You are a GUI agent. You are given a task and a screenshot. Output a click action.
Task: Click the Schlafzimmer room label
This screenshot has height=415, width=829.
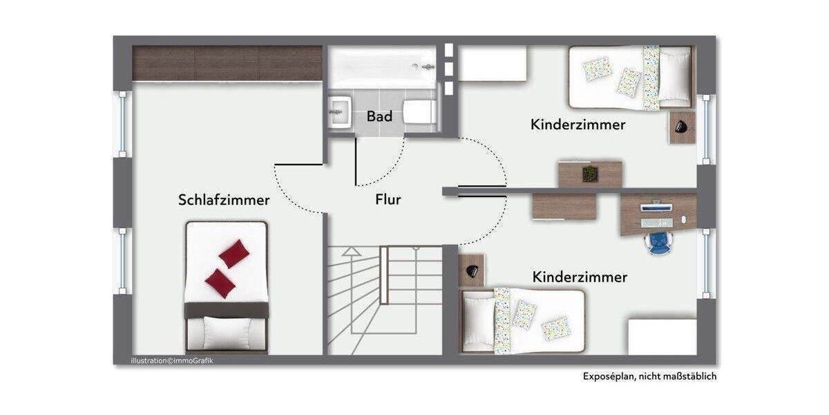point(224,200)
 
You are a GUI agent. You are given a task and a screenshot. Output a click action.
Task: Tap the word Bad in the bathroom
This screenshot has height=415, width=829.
point(379,116)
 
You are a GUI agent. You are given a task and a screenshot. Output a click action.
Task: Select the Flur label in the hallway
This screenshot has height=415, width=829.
point(388,200)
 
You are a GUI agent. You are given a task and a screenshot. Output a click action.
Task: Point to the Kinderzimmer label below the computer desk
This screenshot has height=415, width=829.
point(580,277)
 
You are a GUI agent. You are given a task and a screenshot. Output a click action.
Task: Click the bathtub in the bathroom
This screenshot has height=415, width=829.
point(382,67)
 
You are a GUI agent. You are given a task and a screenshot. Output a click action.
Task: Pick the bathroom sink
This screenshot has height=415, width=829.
point(339,111)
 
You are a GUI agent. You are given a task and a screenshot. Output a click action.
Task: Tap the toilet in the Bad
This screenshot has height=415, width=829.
point(419,111)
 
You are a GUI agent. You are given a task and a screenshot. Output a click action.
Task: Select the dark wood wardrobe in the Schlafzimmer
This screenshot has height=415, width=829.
point(227,64)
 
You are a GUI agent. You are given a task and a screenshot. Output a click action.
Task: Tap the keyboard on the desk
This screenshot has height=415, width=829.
point(656,222)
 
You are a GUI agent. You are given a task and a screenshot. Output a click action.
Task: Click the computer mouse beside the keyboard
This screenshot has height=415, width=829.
point(683,220)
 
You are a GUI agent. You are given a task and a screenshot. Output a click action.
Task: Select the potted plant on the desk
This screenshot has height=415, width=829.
point(589,174)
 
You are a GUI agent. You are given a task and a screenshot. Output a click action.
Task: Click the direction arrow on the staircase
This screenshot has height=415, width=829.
point(351,252)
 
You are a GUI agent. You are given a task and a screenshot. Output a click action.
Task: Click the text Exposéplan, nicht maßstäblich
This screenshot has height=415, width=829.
point(648,376)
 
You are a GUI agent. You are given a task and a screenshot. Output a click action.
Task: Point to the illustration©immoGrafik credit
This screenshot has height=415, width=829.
point(172,360)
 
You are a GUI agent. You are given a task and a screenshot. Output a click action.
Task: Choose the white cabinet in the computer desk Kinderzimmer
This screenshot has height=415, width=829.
point(662,336)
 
